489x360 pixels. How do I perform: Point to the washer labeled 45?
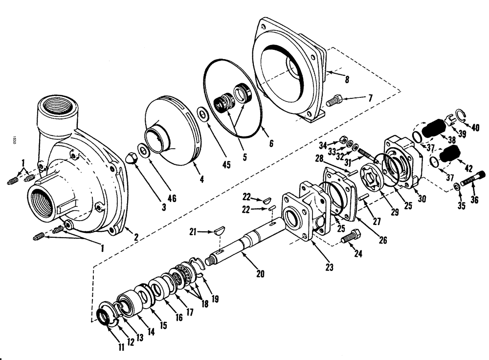pyautogui.click(x=202, y=114)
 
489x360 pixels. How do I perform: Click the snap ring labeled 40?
pyautogui.click(x=463, y=116)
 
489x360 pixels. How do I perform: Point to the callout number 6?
pyautogui.click(x=271, y=144)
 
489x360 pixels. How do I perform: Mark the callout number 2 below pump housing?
pyautogui.click(x=135, y=238)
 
